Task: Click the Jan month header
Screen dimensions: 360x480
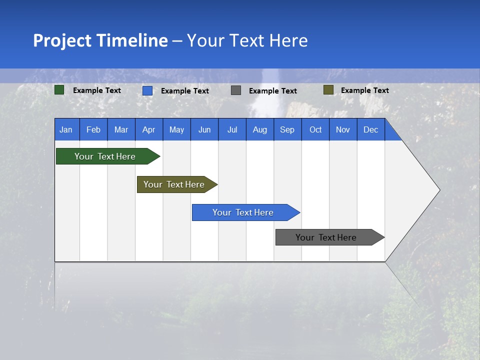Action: (x=66, y=129)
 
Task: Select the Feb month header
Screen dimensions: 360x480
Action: (x=93, y=129)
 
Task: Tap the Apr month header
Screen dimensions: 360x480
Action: (x=148, y=129)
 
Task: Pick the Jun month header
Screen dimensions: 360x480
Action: (x=204, y=129)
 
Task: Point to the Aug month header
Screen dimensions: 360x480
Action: (x=259, y=129)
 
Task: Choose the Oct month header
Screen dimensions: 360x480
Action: (x=315, y=129)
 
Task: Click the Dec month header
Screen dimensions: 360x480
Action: (x=370, y=129)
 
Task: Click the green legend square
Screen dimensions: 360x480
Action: (x=59, y=90)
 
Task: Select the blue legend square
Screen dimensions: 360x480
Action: (x=147, y=90)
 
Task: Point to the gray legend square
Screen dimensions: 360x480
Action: (x=236, y=90)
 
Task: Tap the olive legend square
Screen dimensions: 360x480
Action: (x=328, y=90)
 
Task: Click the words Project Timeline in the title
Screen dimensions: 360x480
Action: (x=100, y=40)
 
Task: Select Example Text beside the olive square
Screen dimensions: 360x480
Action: (x=364, y=90)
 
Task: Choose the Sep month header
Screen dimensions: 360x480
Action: (x=287, y=129)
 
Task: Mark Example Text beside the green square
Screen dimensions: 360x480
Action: (x=97, y=90)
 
